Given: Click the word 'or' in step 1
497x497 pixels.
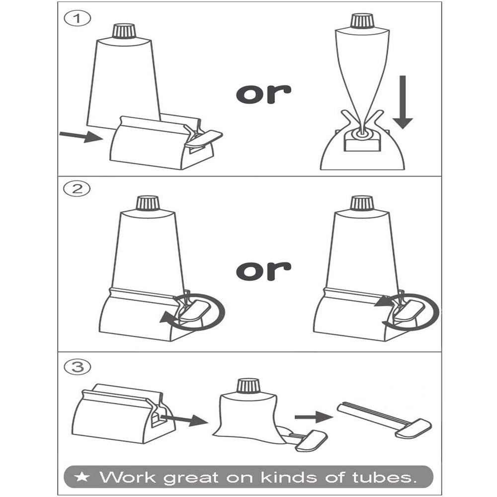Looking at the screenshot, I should click(263, 92).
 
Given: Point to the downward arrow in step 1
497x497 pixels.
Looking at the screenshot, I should click(403, 102).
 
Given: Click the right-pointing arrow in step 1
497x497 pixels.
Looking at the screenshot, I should click(80, 136).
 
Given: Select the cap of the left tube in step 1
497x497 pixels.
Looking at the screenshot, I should click(124, 31).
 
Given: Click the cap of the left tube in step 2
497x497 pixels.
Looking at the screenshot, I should click(148, 203).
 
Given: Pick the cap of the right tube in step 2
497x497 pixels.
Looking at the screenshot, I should click(362, 203).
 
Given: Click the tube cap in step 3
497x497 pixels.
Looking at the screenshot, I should click(248, 386).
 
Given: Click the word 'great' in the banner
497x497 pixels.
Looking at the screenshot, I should click(191, 478).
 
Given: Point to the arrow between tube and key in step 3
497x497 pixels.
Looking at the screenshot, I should click(313, 416).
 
